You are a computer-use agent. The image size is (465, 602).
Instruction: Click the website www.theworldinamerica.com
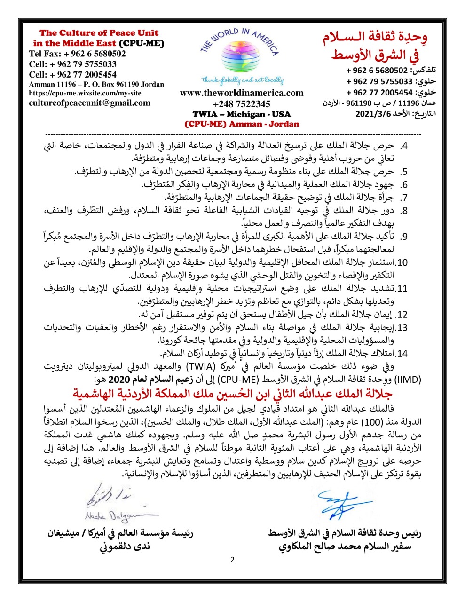[242, 93]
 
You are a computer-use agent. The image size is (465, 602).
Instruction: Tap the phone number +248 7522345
[242, 104]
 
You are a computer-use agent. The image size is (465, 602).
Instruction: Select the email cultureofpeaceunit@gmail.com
[90, 103]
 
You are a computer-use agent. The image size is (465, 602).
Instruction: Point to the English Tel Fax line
[78, 54]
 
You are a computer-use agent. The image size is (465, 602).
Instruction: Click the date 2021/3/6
[373, 113]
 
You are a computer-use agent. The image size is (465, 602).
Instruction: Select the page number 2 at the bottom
[232, 560]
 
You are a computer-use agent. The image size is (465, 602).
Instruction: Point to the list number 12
[402, 314]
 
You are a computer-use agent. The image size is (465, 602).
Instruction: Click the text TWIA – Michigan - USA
[242, 114]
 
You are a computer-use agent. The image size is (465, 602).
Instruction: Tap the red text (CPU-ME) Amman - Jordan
[242, 124]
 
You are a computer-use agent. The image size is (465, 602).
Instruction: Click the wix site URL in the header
[85, 93]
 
